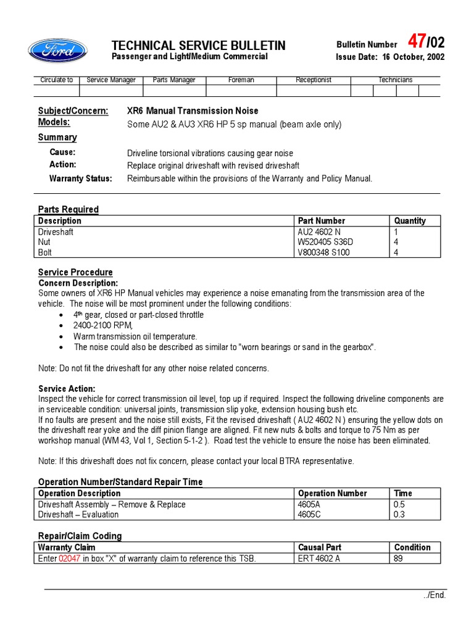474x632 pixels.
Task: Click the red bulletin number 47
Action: [x=417, y=41]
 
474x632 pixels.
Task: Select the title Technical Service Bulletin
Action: [x=198, y=46]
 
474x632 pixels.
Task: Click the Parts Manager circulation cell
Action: [x=174, y=80]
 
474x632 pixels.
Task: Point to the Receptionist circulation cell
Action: [x=313, y=80]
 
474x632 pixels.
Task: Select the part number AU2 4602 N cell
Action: [x=318, y=231]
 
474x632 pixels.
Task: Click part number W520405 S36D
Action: [x=325, y=242]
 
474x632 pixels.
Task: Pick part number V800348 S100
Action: [x=323, y=252]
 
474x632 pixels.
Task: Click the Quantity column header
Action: [x=410, y=220]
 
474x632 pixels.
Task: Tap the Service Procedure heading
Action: [x=75, y=272]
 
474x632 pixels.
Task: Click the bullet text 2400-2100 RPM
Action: [x=102, y=325]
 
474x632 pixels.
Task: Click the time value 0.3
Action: [x=399, y=515]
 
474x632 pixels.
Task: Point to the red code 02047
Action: [x=70, y=559]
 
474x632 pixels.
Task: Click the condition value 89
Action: [x=399, y=559]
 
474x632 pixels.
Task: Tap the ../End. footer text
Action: [x=434, y=596]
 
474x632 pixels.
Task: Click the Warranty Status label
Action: [x=81, y=178]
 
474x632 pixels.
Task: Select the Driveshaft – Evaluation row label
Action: [x=78, y=515]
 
